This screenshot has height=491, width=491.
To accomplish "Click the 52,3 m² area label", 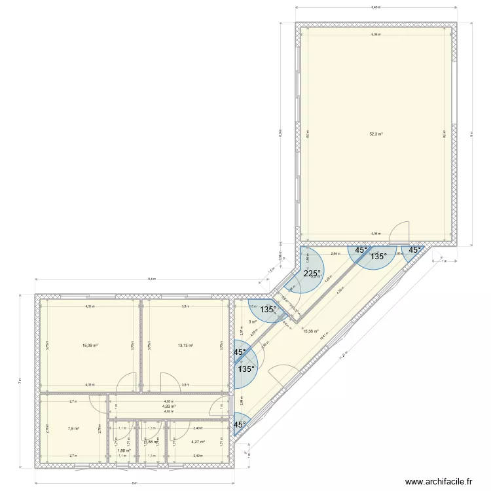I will click(x=376, y=134).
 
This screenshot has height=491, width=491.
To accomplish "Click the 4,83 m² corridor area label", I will click(x=169, y=407).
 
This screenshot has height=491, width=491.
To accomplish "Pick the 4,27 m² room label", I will click(x=198, y=442).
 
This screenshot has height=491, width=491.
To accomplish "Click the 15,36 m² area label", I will click(x=311, y=331).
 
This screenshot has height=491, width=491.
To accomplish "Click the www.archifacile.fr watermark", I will click(x=438, y=481).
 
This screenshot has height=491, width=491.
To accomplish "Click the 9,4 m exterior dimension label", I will click(x=152, y=279).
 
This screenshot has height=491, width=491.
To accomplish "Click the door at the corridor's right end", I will click(x=216, y=407).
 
